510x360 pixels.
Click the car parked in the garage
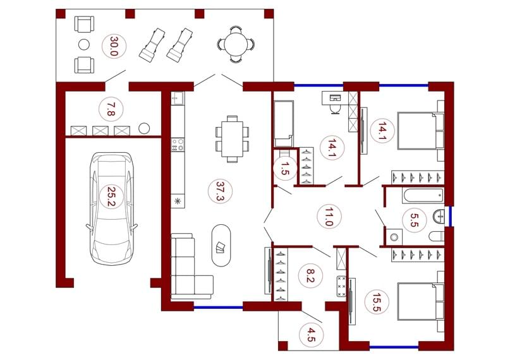(x=112, y=208)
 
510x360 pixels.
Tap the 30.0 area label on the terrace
(x=114, y=47)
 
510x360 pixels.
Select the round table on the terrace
(x=236, y=44)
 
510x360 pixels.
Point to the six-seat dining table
(x=232, y=139)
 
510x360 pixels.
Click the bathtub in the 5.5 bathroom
(x=423, y=196)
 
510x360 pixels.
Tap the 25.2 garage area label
(x=112, y=196)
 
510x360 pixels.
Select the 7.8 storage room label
(x=111, y=109)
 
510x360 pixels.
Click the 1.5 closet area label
(x=284, y=169)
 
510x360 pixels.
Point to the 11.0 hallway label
(x=329, y=217)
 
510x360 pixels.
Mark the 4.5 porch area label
(x=312, y=335)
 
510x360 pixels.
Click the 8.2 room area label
(x=310, y=275)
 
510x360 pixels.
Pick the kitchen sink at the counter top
(x=178, y=98)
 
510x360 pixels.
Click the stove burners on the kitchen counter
(x=178, y=145)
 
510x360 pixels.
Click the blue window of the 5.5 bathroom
(x=451, y=217)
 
